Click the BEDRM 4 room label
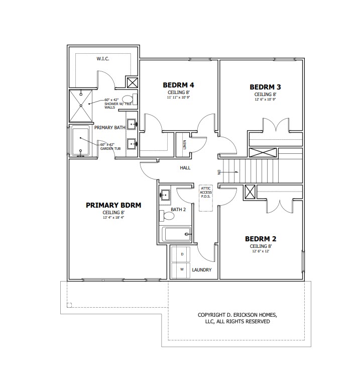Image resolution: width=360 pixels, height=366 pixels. [178, 85]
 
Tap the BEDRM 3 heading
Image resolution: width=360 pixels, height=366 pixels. [265, 87]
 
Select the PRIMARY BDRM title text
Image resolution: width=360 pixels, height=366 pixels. [113, 205]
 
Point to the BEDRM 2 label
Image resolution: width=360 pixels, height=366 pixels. [261, 239]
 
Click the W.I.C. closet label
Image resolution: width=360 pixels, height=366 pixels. [103, 59]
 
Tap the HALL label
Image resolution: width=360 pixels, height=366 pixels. [185, 167]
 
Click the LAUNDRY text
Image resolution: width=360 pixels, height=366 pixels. [202, 270]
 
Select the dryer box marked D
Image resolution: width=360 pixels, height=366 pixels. [181, 254]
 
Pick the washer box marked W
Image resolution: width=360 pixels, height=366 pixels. [181, 270]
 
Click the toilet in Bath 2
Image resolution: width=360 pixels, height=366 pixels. [167, 216]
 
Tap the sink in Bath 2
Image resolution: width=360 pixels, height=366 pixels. [165, 195]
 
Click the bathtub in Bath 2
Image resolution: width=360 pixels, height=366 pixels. [176, 234]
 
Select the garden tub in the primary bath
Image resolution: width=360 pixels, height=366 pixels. [80, 141]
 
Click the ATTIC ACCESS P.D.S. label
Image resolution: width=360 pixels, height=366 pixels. [206, 193]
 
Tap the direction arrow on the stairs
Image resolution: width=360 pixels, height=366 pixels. [229, 172]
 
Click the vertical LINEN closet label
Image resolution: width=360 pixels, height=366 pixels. [185, 145]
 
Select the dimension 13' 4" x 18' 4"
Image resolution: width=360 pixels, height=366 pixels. [113, 218]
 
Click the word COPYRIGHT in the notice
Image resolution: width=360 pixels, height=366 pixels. [212, 315]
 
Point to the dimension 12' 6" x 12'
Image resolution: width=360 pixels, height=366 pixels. [261, 251]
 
